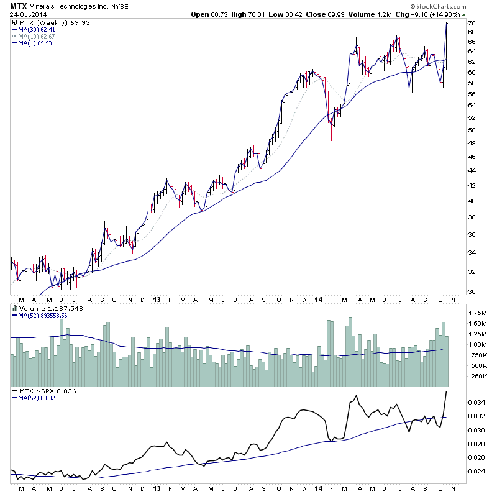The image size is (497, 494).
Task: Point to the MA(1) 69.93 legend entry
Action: coord(31,43)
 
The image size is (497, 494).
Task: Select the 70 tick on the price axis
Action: coord(472,24)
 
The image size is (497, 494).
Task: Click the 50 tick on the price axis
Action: coord(472,130)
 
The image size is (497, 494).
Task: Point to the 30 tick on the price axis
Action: coord(472,292)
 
